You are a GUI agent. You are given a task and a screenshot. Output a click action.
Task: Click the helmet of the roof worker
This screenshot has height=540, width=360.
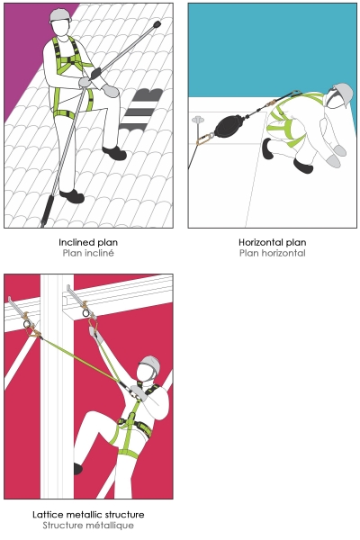point(60,16)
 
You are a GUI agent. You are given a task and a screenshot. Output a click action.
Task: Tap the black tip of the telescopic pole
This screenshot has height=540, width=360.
point(157,24)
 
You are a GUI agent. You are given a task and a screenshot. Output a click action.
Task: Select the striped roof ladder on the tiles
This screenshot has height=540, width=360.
point(141,109)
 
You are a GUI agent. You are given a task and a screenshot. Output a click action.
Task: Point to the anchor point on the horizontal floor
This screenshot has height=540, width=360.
point(198,120)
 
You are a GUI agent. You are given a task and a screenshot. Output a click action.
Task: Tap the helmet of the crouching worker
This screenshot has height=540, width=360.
point(341,94)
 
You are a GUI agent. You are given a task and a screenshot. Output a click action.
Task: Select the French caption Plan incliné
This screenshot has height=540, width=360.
point(88,253)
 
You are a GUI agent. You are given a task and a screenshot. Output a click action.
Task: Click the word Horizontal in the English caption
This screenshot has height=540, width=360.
point(263,242)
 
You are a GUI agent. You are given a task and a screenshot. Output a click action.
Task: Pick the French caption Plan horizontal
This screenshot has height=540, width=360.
point(273,253)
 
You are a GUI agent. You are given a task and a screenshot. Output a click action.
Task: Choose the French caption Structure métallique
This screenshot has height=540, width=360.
point(88,526)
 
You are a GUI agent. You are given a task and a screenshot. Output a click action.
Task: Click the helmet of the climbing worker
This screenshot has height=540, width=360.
point(150,364)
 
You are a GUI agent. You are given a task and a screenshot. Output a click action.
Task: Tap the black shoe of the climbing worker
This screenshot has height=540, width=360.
point(77,468)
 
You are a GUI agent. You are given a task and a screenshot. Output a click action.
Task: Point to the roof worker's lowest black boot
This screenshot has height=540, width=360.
point(72,196)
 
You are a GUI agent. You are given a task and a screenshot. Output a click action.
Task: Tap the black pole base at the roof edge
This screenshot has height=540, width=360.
point(46,210)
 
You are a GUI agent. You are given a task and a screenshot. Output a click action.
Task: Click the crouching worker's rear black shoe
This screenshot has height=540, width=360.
point(267,148)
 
